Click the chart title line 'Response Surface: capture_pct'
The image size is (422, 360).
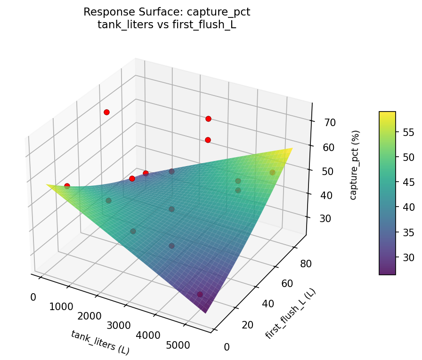point(167,12)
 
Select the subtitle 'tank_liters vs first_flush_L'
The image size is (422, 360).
point(167,25)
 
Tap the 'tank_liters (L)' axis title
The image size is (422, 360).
point(100,342)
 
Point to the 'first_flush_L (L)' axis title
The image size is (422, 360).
point(290,313)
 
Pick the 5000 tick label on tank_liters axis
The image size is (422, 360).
point(178,345)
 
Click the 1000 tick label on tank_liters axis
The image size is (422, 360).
point(61,307)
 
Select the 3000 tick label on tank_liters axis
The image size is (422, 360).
point(119,326)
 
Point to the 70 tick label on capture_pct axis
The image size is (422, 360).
point(330,123)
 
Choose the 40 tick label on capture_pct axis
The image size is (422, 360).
point(330,196)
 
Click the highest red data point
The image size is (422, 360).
point(107,112)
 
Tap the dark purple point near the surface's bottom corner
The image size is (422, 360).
point(200,294)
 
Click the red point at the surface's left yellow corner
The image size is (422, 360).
point(67,186)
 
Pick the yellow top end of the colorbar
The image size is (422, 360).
point(387,114)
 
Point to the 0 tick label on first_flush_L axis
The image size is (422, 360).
point(227,347)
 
